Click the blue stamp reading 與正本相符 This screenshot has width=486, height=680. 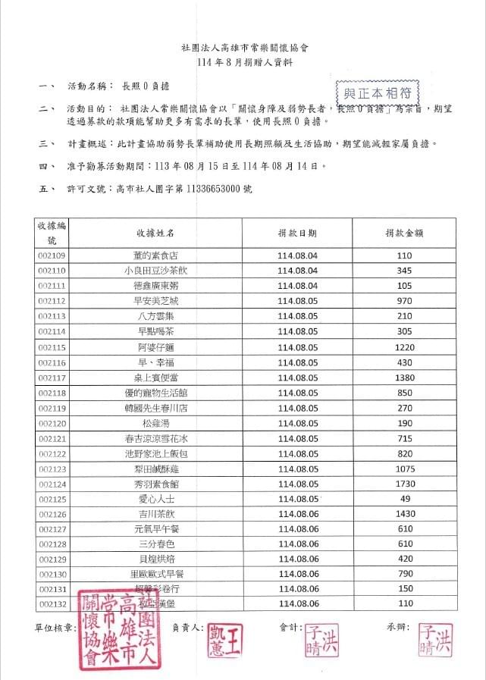point(377,93)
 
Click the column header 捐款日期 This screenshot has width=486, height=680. point(297,233)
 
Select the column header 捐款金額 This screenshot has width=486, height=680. point(403,233)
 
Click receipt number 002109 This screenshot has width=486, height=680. point(52,255)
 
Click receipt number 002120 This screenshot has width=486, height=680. point(52,423)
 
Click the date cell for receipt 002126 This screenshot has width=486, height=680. point(297,514)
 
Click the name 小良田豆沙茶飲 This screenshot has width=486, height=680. point(160,271)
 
